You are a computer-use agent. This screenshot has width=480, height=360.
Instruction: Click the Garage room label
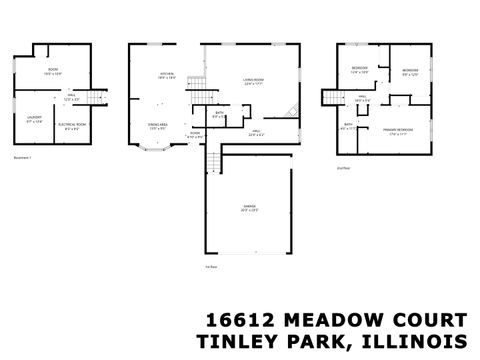click(x=248, y=208)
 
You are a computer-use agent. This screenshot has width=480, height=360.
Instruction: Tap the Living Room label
click(x=253, y=80)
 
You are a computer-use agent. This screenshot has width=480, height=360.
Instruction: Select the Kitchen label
click(x=168, y=76)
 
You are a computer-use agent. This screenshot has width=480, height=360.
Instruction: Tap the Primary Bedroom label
click(x=397, y=131)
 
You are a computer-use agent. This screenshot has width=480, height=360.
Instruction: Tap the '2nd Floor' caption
click(x=343, y=170)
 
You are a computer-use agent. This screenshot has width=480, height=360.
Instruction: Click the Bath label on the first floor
click(x=219, y=114)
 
